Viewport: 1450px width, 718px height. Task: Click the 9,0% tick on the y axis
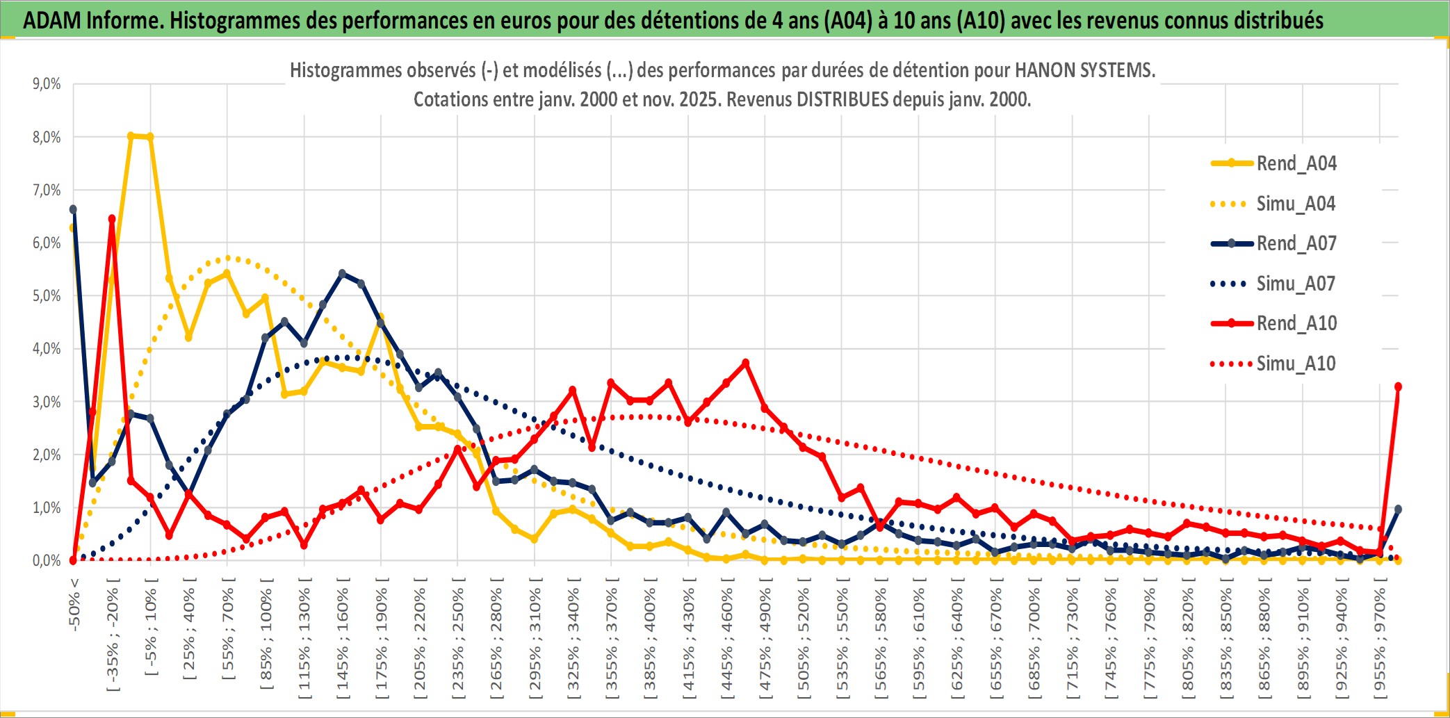tap(47, 84)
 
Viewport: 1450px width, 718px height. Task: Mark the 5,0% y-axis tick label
tap(47, 296)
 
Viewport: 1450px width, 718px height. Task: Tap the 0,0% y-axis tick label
tap(47, 560)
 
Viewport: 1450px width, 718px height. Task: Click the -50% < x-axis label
tap(74, 605)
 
